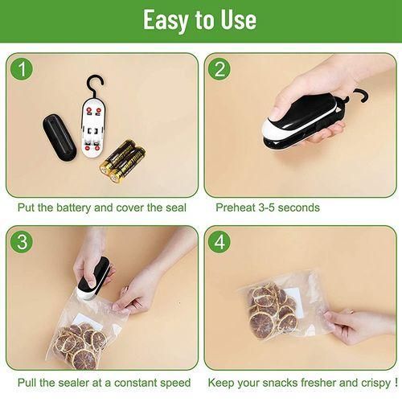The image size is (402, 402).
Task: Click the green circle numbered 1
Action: tap(22, 69)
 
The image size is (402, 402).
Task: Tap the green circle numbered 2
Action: tap(219, 69)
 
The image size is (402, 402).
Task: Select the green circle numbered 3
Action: tap(22, 241)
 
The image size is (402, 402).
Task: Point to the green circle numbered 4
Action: tap(219, 241)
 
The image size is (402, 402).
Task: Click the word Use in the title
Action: tap(238, 19)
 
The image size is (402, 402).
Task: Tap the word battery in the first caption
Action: tap(73, 207)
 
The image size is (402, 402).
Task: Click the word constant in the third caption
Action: tap(136, 383)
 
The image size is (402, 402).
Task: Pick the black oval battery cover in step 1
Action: tap(59, 137)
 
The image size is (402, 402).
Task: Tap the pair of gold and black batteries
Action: tap(123, 161)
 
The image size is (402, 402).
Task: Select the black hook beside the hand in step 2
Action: tap(359, 95)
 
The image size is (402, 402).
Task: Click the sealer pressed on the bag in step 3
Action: tap(92, 279)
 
